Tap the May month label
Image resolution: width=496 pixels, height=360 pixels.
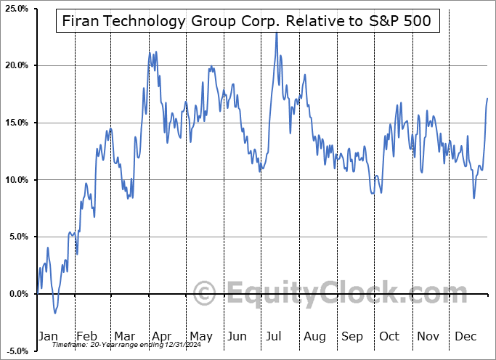tap(200, 336)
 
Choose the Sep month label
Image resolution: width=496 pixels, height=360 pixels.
tap(353, 336)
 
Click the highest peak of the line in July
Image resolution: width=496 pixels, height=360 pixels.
tap(277, 33)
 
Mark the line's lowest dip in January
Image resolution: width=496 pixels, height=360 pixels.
tap(54, 313)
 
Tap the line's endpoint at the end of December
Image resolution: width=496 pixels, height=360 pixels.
tap(487, 98)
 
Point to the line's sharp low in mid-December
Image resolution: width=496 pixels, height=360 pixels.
tap(474, 198)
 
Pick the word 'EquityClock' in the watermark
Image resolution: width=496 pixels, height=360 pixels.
tap(337, 295)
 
